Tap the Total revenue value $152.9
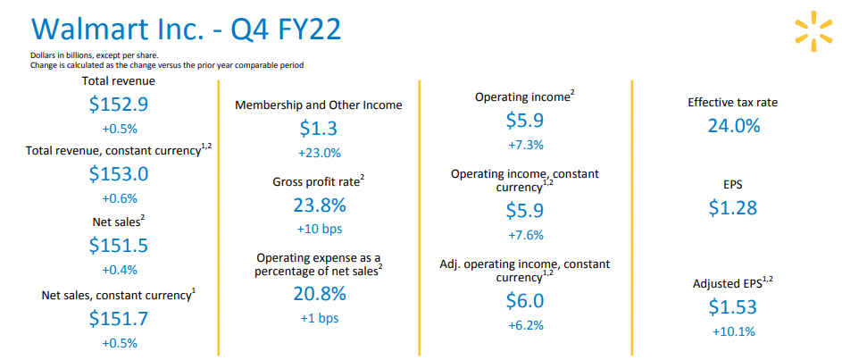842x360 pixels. (119, 104)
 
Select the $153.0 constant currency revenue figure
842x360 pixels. (119, 174)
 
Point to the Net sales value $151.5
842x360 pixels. (119, 246)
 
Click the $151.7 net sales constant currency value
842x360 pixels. (119, 317)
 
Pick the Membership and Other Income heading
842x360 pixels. (319, 105)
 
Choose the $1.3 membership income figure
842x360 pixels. (319, 129)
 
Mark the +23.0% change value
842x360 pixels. (319, 153)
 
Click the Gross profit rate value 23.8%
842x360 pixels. (319, 205)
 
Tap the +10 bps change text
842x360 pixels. (319, 230)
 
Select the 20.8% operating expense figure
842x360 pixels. (319, 293)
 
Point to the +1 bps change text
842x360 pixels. (319, 317)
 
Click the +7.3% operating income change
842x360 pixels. (524, 144)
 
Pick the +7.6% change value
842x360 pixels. (524, 235)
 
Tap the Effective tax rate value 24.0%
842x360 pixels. (733, 126)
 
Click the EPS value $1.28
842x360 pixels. (733, 208)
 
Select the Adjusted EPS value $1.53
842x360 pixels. (733, 307)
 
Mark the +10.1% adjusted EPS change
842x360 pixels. (733, 331)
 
